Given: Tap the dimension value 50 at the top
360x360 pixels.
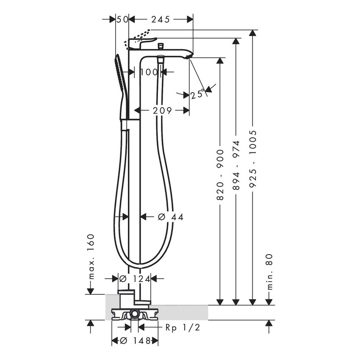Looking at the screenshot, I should click(x=122, y=19).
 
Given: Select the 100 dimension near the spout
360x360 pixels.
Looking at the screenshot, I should click(x=149, y=72).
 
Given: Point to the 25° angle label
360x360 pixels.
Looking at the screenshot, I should click(x=197, y=94).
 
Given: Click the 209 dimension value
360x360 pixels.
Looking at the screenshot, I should click(x=162, y=111).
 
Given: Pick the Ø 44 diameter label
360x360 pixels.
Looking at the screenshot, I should click(x=170, y=217).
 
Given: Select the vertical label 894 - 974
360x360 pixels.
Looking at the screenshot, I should click(x=236, y=165).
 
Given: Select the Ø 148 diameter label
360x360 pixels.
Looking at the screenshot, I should click(x=135, y=341).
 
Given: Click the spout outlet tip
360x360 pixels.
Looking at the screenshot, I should click(x=189, y=56).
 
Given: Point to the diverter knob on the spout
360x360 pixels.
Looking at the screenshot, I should click(x=161, y=45).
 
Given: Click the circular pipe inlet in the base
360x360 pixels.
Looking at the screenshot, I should click(x=135, y=314).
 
